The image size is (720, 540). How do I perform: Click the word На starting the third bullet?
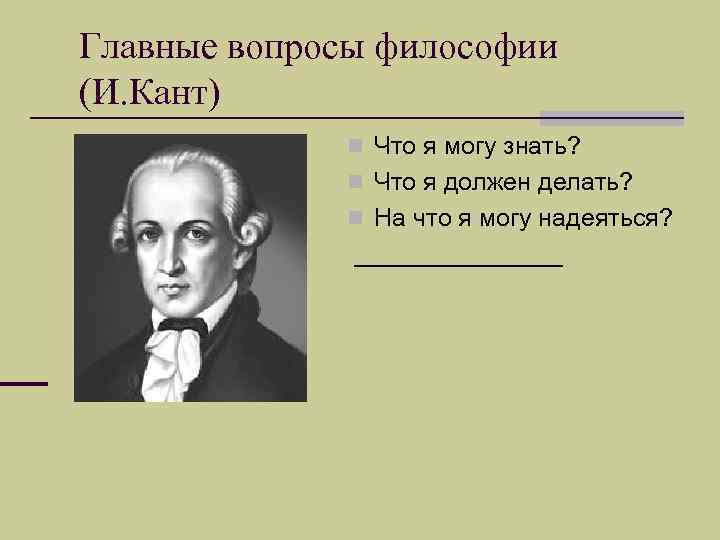point(388,218)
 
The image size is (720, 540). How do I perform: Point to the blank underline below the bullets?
point(459,265)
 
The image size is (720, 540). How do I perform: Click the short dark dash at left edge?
point(23,384)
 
